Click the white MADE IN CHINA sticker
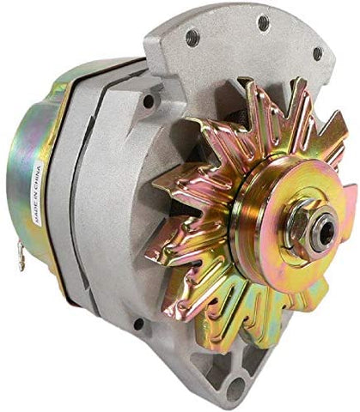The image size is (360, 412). tap(38, 192)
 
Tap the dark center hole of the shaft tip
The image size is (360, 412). tap(326, 233)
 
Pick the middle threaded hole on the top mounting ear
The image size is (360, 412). tap(263, 22)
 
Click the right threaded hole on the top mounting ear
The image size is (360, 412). tap(318, 54)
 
